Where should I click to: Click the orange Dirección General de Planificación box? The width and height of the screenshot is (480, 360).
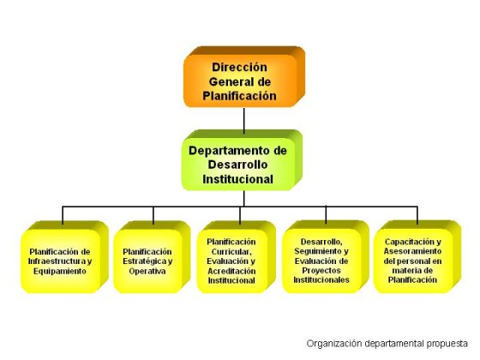(x=244, y=77)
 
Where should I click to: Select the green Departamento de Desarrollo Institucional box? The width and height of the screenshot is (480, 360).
(x=242, y=160)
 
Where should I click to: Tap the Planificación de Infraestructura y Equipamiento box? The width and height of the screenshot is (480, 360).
(x=64, y=257)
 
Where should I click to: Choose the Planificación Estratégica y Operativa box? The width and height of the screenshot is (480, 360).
(x=152, y=257)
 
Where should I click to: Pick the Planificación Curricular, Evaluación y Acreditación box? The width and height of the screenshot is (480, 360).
(x=236, y=257)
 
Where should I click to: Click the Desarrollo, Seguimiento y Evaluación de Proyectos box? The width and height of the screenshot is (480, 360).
(x=326, y=256)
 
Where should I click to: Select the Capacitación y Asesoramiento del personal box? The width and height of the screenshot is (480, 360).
(x=417, y=256)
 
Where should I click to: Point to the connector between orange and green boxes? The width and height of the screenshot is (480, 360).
(x=244, y=120)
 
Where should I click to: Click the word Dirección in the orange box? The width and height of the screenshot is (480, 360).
(x=239, y=67)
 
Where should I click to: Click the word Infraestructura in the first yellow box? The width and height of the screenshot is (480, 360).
(x=55, y=261)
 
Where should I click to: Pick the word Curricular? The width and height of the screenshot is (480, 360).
(x=231, y=252)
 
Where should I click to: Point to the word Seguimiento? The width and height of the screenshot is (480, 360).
(x=316, y=251)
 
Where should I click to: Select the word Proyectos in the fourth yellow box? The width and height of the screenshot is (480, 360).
(x=321, y=270)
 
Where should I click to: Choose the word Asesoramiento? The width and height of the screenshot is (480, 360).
(x=412, y=251)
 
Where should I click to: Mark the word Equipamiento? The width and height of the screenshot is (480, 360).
(x=60, y=271)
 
